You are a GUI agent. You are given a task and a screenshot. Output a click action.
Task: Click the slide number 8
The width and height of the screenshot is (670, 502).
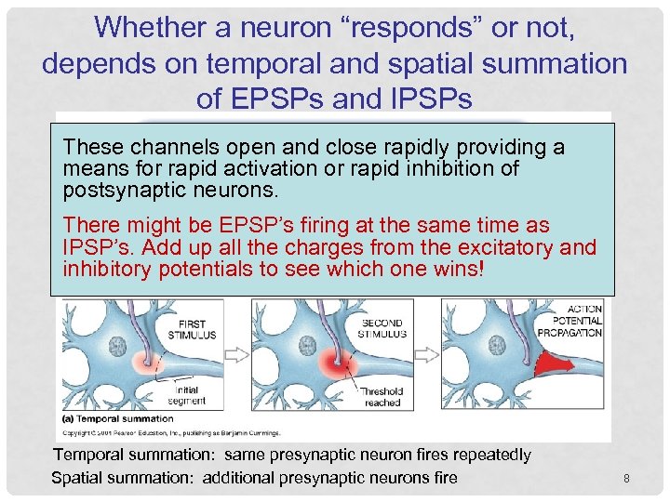pyautogui.click(x=626, y=479)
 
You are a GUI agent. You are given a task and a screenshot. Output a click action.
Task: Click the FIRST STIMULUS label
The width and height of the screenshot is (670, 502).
pyautogui.click(x=193, y=329)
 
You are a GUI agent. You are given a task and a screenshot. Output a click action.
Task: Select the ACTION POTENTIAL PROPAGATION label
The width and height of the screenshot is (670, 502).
pyautogui.click(x=576, y=320)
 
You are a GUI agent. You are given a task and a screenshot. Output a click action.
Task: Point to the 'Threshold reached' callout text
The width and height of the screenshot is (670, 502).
pyautogui.click(x=382, y=397)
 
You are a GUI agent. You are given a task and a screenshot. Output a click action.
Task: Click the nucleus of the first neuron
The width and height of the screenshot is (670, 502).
pyautogui.click(x=117, y=347)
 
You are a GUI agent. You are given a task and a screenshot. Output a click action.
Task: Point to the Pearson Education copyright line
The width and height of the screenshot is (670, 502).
pyautogui.click(x=163, y=432)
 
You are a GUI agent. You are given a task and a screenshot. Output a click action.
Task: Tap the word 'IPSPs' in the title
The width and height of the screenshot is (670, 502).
pyautogui.click(x=427, y=98)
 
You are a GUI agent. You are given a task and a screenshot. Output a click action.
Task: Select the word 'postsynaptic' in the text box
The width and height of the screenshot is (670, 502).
pyautogui.click(x=117, y=190)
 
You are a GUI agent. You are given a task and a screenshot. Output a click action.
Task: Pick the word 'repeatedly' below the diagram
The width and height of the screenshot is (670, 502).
pyautogui.click(x=490, y=455)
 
